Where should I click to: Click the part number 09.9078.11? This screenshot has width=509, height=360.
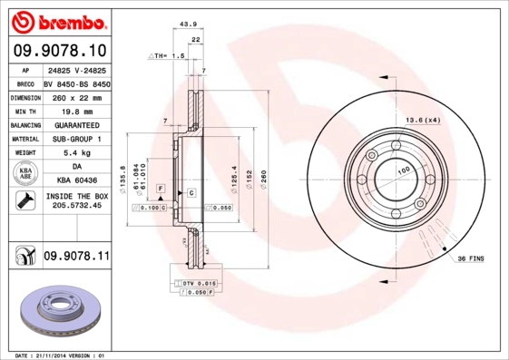(76, 258)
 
